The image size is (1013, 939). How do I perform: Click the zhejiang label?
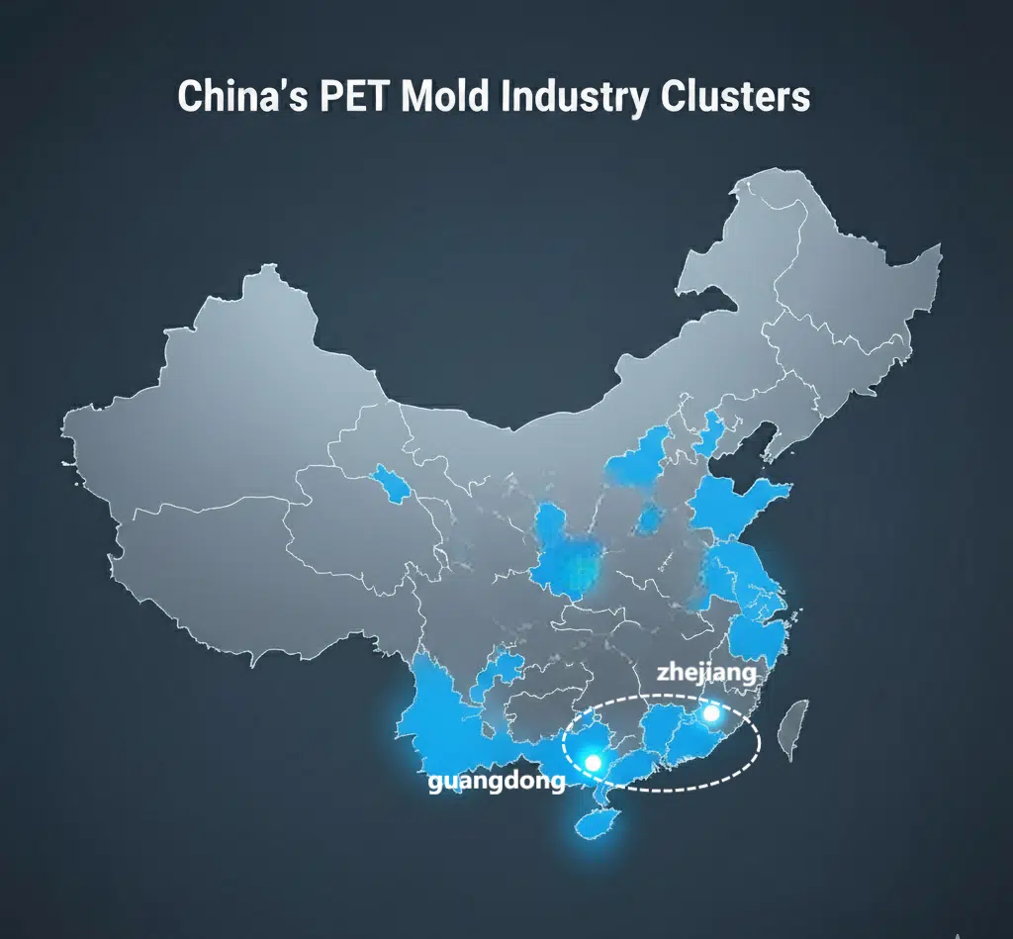point(706,675)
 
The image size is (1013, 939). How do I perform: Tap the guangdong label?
point(497,782)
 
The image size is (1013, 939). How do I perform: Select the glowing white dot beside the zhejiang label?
point(709,713)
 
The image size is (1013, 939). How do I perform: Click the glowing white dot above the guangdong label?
point(594,762)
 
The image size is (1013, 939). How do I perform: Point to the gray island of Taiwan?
point(790,733)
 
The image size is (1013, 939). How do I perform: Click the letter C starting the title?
point(188,98)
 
